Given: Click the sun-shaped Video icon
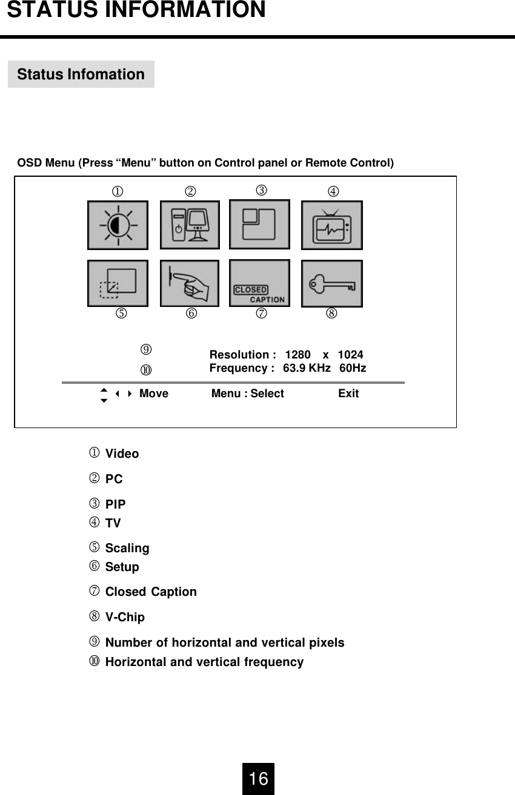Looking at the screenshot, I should tap(118, 225).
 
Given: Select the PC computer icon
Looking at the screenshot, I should tap(190, 225).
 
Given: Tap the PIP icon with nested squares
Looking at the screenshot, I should tap(259, 224).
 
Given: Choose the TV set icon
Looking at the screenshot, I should tap(331, 225).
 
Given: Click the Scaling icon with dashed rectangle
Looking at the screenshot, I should tap(118, 283).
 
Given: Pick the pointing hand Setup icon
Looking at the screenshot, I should tap(190, 283).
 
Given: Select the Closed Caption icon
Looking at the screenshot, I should tap(259, 283).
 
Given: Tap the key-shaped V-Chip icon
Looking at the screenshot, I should tap(331, 283).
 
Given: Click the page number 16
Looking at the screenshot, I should tap(259, 779).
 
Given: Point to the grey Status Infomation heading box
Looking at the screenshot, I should tap(81, 74).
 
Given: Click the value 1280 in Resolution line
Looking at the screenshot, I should tap(297, 355).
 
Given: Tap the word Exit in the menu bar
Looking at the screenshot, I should tap(348, 394).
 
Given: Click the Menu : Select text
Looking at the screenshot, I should tap(247, 394).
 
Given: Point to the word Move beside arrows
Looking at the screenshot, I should tap(154, 394).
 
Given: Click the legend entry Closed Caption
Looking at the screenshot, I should tap(151, 592).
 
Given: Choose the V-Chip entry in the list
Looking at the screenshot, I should tap(125, 617).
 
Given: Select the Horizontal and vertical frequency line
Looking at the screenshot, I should tap(204, 662).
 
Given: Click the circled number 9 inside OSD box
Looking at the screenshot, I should tap(146, 349).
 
